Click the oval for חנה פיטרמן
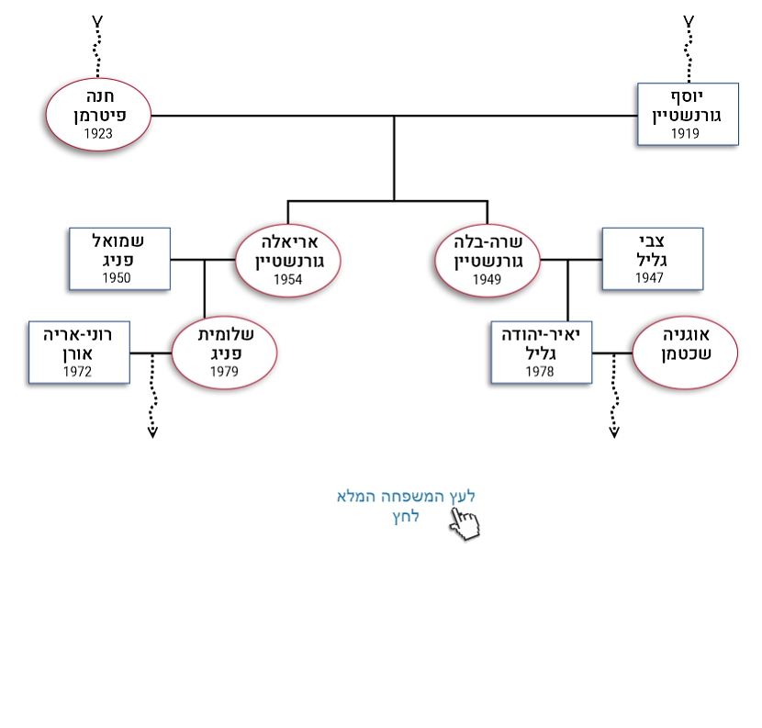tap(98, 115)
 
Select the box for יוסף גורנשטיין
tap(688, 115)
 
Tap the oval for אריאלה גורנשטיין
tap(287, 262)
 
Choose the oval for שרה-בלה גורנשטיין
tap(487, 262)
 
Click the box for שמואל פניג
tap(119, 259)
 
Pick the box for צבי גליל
tap(652, 259)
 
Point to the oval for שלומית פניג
tap(224, 353)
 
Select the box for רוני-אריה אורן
tap(79, 353)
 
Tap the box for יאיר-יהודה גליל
tap(541, 353)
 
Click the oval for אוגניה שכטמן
tap(685, 353)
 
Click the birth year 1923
tap(98, 134)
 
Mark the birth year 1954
tap(287, 280)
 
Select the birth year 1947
tap(649, 278)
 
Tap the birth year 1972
tap(77, 372)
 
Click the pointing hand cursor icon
tap(465, 524)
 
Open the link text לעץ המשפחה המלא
tap(406, 497)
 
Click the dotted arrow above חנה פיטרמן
tap(98, 46)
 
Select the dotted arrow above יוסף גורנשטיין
tap(689, 46)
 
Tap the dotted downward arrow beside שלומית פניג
tap(152, 397)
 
